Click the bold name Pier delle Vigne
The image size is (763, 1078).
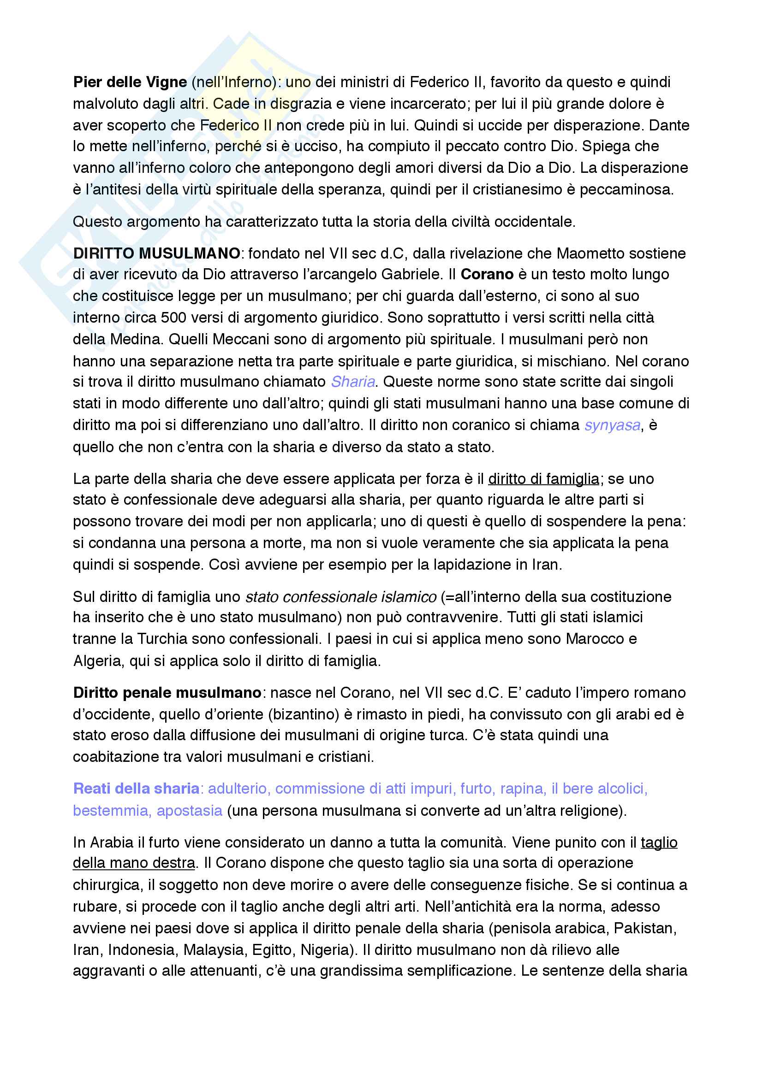click(x=130, y=82)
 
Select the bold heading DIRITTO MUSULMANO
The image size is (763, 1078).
click(x=156, y=253)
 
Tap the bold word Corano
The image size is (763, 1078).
click(x=487, y=275)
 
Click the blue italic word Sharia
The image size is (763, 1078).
click(x=353, y=382)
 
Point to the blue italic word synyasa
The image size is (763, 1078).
click(x=612, y=425)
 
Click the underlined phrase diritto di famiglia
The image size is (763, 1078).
click(x=543, y=479)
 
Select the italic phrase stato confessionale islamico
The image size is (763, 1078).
click(x=340, y=597)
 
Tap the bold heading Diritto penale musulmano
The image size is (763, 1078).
click(x=167, y=693)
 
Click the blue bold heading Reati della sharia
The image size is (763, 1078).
click(x=136, y=789)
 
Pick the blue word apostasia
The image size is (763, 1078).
click(x=189, y=811)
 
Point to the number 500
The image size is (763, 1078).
click(x=174, y=318)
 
